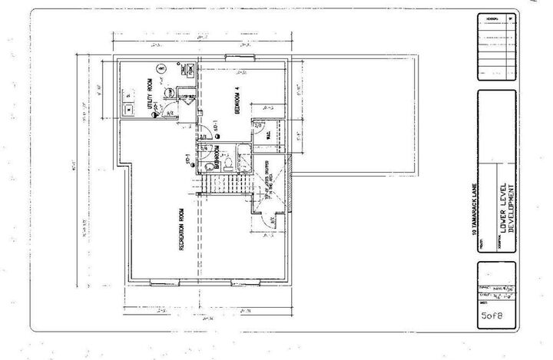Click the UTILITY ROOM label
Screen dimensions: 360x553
[x=150, y=97]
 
